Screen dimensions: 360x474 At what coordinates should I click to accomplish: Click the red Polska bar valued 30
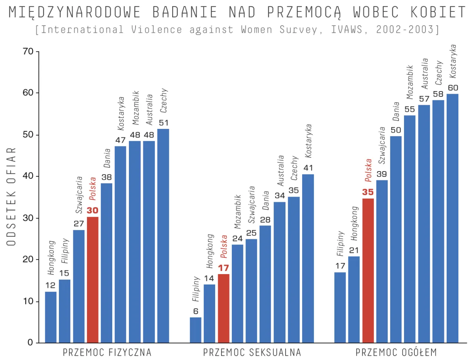(93, 280)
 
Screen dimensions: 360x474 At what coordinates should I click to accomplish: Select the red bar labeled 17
(224, 308)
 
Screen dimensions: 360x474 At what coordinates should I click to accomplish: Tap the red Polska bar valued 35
(368, 270)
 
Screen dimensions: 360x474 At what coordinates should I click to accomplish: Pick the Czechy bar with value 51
(163, 236)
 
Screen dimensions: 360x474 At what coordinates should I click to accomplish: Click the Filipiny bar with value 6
(196, 330)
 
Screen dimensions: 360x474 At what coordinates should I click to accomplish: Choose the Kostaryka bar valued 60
(453, 218)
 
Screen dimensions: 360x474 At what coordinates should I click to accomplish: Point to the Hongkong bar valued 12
(51, 317)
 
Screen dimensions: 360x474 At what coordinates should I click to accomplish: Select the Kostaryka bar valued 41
(308, 258)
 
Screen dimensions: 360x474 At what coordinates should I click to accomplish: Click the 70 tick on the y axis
(28, 51)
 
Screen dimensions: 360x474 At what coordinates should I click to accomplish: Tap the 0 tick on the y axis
(30, 343)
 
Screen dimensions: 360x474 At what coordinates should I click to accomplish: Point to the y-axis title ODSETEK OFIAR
(11, 197)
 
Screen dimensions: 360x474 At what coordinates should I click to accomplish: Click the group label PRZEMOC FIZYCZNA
(107, 352)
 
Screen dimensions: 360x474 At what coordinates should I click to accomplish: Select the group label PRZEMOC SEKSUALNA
(252, 352)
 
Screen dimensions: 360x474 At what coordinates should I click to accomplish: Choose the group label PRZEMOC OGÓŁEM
(396, 352)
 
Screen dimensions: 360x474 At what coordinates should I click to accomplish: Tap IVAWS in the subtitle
(346, 30)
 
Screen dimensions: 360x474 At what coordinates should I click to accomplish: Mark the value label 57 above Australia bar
(424, 99)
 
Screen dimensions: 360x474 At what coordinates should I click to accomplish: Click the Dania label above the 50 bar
(396, 111)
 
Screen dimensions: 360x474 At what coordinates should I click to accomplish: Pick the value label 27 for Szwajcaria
(79, 224)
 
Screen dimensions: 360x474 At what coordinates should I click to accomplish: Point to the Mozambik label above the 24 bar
(238, 212)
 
